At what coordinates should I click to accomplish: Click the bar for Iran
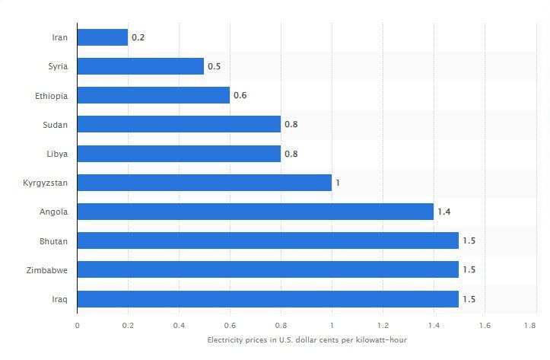pyautogui.click(x=103, y=37)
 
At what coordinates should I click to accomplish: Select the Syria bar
pyautogui.click(x=141, y=66)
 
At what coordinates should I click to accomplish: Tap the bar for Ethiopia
pyautogui.click(x=154, y=95)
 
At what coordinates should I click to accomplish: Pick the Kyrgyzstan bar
pyautogui.click(x=205, y=183)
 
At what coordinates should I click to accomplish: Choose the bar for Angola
pyautogui.click(x=256, y=212)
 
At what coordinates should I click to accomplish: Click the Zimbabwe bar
pyautogui.click(x=268, y=270)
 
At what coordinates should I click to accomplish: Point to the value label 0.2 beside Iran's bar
pyautogui.click(x=138, y=37)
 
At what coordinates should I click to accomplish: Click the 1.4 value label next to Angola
pyautogui.click(x=444, y=212)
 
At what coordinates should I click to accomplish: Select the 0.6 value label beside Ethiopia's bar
pyautogui.click(x=240, y=95)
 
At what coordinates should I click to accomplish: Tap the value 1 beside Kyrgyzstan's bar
pyautogui.click(x=339, y=183)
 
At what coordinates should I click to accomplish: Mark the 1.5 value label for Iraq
pyautogui.click(x=469, y=299)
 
